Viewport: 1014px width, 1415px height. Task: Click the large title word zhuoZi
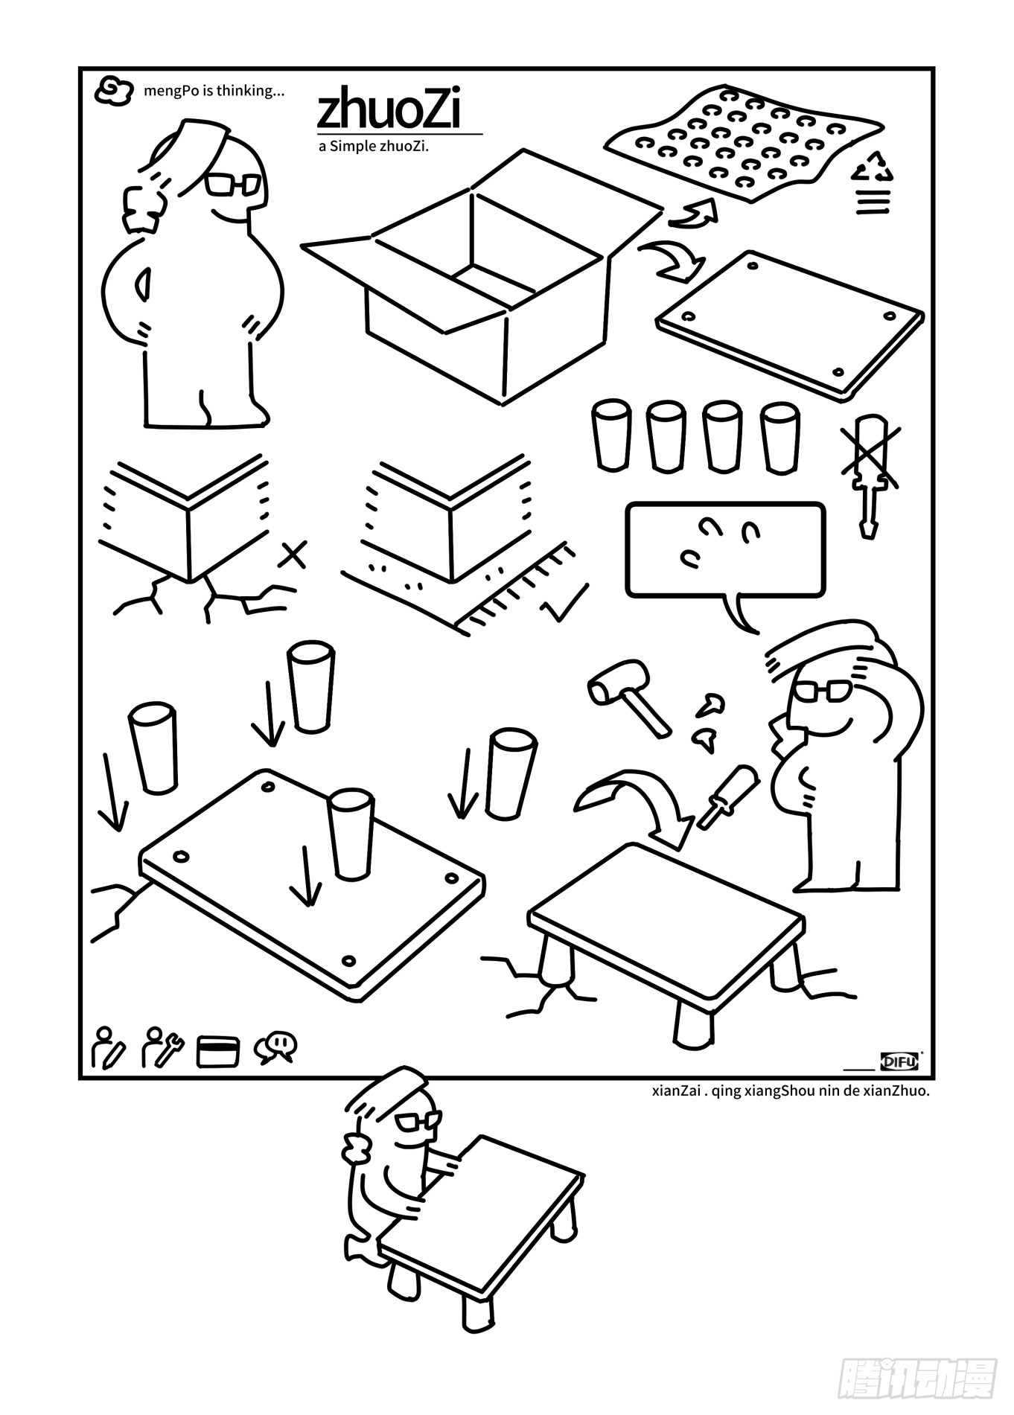(389, 111)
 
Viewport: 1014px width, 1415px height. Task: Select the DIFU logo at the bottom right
(900, 1061)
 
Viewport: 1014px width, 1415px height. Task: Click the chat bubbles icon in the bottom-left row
(275, 1047)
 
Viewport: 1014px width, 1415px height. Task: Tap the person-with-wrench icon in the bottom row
(162, 1047)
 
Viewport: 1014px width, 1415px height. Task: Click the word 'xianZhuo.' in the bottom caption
(903, 1091)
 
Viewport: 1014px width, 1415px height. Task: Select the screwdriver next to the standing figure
(727, 796)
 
